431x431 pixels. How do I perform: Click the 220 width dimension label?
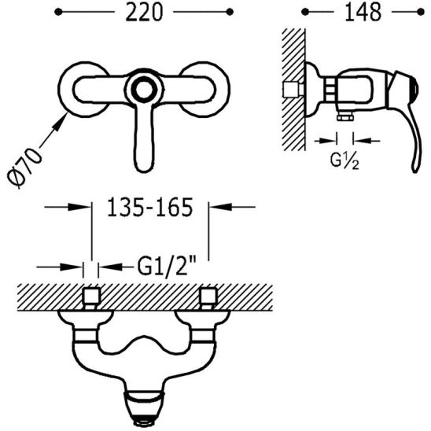[x=144, y=13]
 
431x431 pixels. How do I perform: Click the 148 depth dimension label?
[x=363, y=13]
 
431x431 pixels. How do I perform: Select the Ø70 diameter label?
[x=24, y=168]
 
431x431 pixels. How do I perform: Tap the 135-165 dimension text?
[x=149, y=207]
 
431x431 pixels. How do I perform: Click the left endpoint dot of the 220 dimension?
[x=58, y=12]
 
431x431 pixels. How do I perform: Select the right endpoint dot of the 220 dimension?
[x=230, y=12]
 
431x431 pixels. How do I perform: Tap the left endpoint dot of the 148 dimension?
[x=305, y=12]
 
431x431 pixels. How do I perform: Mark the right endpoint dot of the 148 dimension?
[x=421, y=12]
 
